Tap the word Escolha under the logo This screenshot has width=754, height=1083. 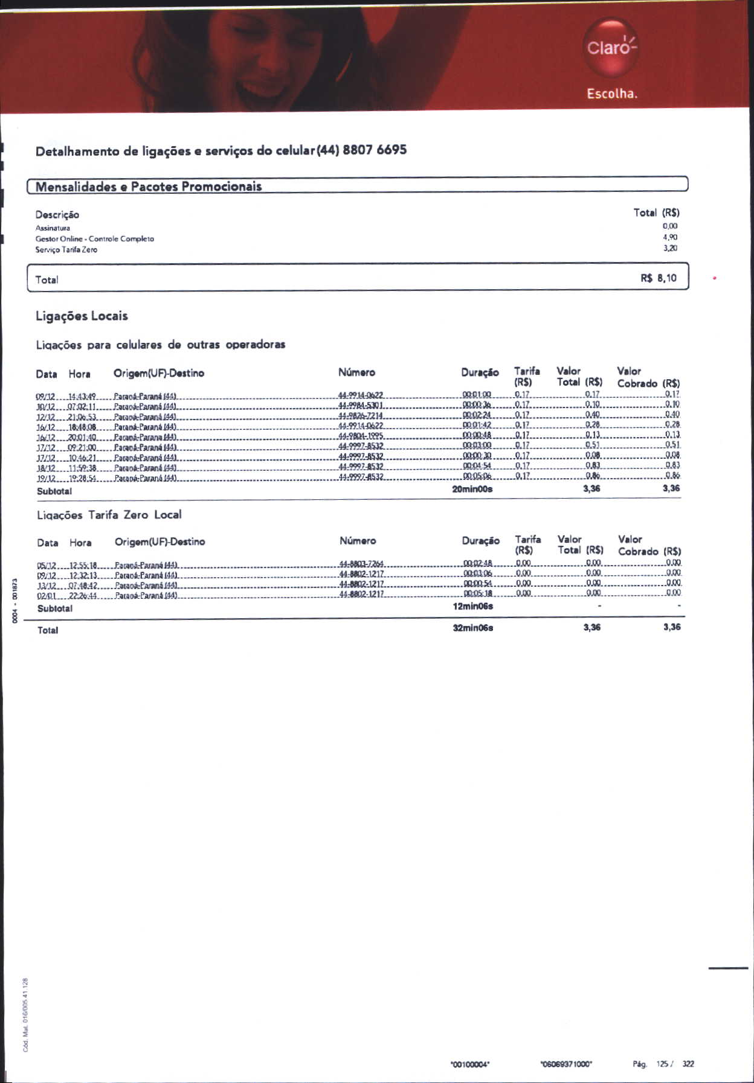pos(612,94)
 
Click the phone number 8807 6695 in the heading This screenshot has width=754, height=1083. pos(375,150)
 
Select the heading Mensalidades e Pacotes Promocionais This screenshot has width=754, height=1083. pos(149,187)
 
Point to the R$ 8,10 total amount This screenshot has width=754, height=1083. pos(659,278)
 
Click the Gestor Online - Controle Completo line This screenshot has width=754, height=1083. pos(95,239)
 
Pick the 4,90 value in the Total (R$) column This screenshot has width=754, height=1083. pos(670,237)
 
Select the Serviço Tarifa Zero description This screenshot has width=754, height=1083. pos(66,250)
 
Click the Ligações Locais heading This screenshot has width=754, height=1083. pos(82,316)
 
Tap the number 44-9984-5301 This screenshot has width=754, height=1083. pos(361,405)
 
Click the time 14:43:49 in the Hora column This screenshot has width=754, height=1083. pos(82,395)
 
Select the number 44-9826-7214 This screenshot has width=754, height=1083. pos(361,416)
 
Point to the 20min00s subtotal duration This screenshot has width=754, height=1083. pos(472,489)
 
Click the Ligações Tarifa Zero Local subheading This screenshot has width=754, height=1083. pos(109,515)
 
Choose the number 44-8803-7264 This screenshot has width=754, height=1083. pos(362,564)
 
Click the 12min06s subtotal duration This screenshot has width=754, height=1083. pos(473,606)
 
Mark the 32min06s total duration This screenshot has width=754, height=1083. pos(473,628)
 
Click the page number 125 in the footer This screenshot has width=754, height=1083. pos(662,1064)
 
